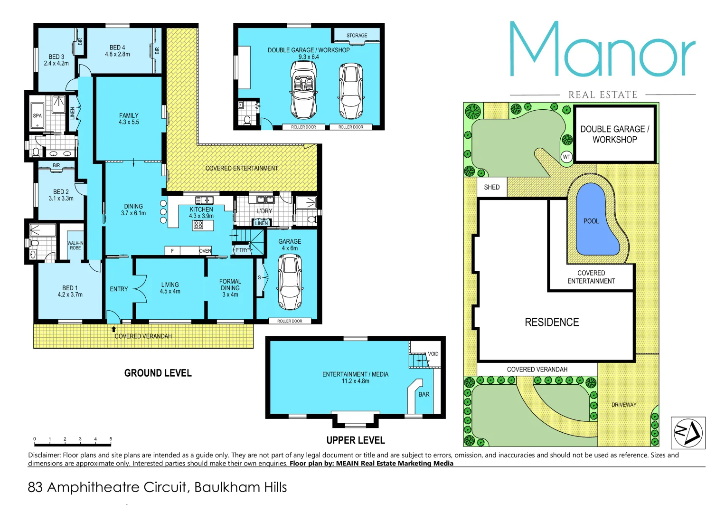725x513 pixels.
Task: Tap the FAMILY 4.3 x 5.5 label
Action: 129,119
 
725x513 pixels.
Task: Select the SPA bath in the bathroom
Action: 38,115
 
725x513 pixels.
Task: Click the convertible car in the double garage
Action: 303,91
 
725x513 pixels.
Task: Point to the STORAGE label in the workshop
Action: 357,36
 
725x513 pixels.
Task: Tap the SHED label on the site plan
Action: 491,187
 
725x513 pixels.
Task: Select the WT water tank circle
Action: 566,157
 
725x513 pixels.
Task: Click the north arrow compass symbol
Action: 688,433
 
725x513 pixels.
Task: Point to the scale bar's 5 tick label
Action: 111,439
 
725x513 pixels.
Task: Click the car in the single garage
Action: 290,282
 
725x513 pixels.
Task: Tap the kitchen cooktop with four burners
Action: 198,225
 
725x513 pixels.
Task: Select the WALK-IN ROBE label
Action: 75,246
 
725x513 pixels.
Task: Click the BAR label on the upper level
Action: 424,394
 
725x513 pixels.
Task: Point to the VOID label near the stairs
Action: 433,354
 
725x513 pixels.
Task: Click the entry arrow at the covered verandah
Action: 113,329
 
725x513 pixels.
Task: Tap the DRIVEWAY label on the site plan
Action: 623,405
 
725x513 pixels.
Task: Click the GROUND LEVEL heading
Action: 158,373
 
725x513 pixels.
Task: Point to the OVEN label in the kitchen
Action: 205,251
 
